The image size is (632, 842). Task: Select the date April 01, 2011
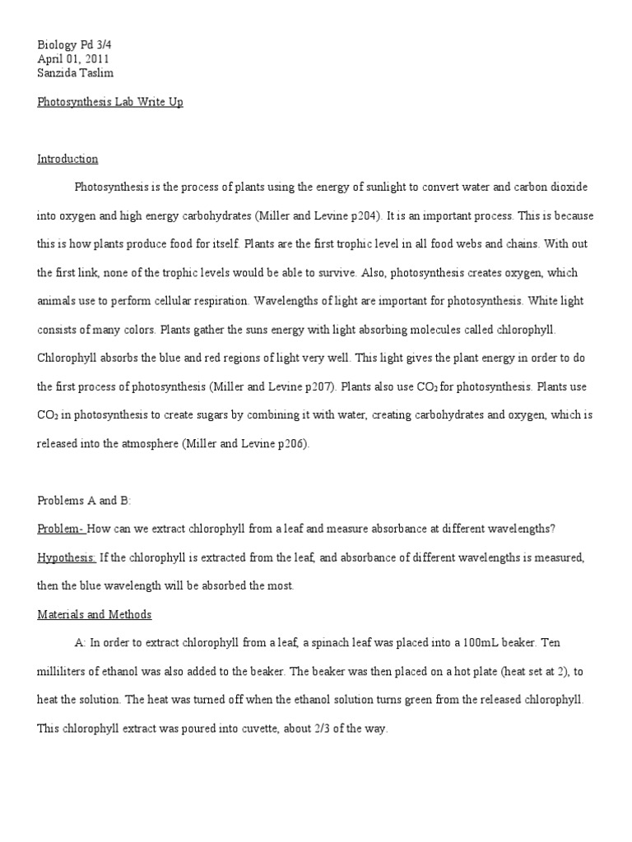pyautogui.click(x=72, y=59)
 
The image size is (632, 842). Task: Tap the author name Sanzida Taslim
pyautogui.click(x=77, y=73)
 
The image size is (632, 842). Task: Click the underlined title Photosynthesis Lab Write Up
pyautogui.click(x=110, y=102)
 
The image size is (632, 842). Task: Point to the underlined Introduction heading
pyautogui.click(x=67, y=159)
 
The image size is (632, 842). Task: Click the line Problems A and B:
pyautogui.click(x=84, y=500)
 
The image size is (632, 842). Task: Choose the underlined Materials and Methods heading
pyautogui.click(x=94, y=614)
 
